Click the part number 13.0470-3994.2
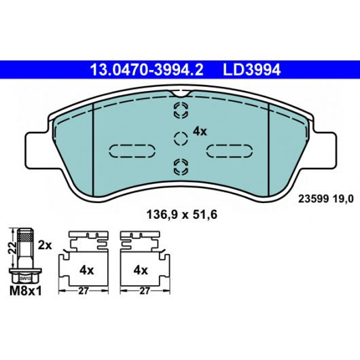click(x=147, y=70)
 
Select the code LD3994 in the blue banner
click(x=251, y=70)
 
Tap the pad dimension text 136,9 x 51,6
click(x=181, y=215)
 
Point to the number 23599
click(x=313, y=199)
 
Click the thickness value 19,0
click(x=343, y=199)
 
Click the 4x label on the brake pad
click(x=200, y=132)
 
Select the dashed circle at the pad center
click(x=181, y=139)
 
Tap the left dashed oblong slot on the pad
click(x=132, y=151)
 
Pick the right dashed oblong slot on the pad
click(x=230, y=151)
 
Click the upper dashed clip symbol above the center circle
click(x=181, y=111)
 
